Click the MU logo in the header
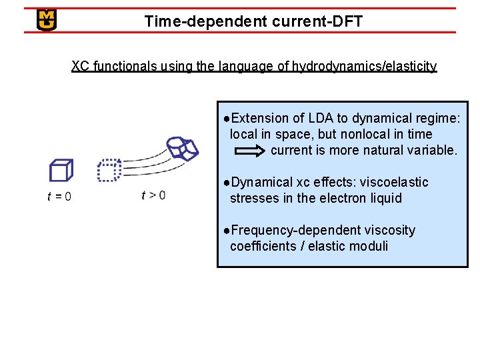(47, 20)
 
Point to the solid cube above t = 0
(61, 171)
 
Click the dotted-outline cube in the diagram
(109, 170)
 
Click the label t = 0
(59, 196)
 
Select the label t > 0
(153, 195)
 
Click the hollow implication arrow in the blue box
(251, 151)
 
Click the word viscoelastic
(394, 182)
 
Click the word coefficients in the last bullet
(263, 246)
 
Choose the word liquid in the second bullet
(383, 198)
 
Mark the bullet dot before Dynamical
(227, 182)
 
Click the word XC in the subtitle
(81, 66)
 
